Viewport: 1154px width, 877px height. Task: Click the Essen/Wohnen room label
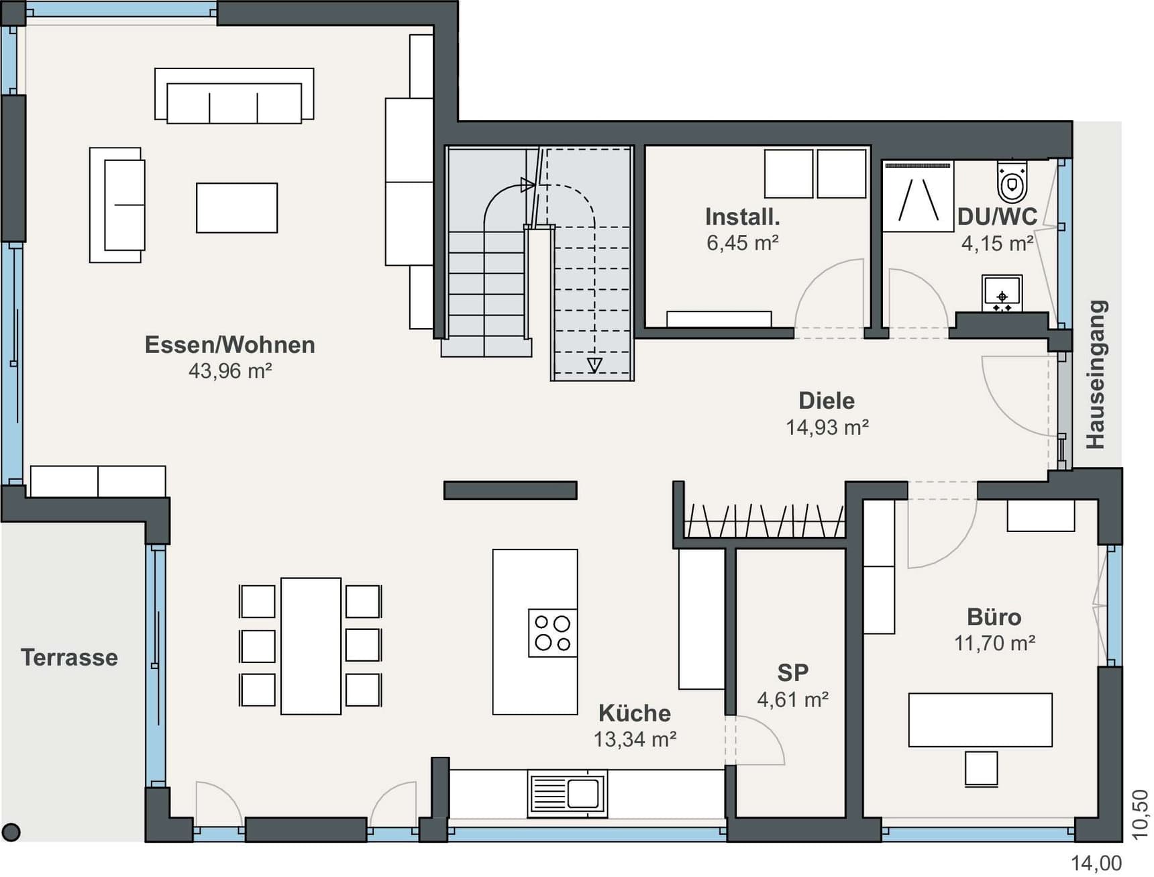(x=229, y=345)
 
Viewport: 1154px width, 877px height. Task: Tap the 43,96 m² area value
(x=229, y=370)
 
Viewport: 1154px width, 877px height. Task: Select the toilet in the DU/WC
(x=1012, y=180)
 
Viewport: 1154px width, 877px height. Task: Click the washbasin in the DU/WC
(x=1002, y=293)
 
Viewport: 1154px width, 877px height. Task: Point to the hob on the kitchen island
(x=553, y=633)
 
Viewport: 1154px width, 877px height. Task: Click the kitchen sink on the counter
(x=567, y=794)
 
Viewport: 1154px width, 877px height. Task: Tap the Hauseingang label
(x=1096, y=374)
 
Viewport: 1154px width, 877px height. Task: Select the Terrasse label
(x=69, y=658)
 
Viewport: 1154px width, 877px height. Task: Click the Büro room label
(x=994, y=617)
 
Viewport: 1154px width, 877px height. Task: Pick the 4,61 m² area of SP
(x=792, y=700)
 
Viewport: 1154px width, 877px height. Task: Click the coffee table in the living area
(x=237, y=208)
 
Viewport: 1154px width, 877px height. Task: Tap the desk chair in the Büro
(x=981, y=768)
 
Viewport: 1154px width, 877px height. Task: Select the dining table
(x=311, y=646)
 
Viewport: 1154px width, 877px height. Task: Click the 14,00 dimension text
(x=1096, y=863)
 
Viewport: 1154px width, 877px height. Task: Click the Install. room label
(x=742, y=217)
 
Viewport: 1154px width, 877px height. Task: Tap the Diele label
(x=827, y=401)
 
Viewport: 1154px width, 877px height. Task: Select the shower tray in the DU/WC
(x=918, y=197)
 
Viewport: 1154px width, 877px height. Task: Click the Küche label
(x=634, y=713)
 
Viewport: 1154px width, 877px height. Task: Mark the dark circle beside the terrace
(x=11, y=832)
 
